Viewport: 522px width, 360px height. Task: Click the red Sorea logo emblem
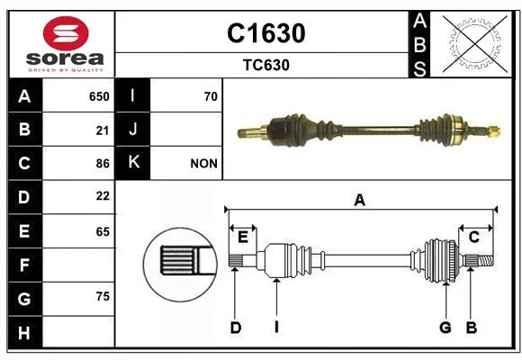[66, 33]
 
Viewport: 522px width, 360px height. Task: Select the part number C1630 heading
[266, 33]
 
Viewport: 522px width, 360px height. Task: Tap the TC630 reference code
[266, 66]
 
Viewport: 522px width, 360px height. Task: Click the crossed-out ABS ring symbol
[475, 43]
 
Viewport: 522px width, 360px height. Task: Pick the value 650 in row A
[99, 96]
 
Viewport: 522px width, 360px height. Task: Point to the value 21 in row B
[103, 130]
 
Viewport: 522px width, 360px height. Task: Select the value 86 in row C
[103, 164]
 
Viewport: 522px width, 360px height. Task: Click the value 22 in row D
[103, 196]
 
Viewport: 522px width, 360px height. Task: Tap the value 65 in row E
[103, 231]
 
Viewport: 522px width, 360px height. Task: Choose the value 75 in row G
[103, 296]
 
